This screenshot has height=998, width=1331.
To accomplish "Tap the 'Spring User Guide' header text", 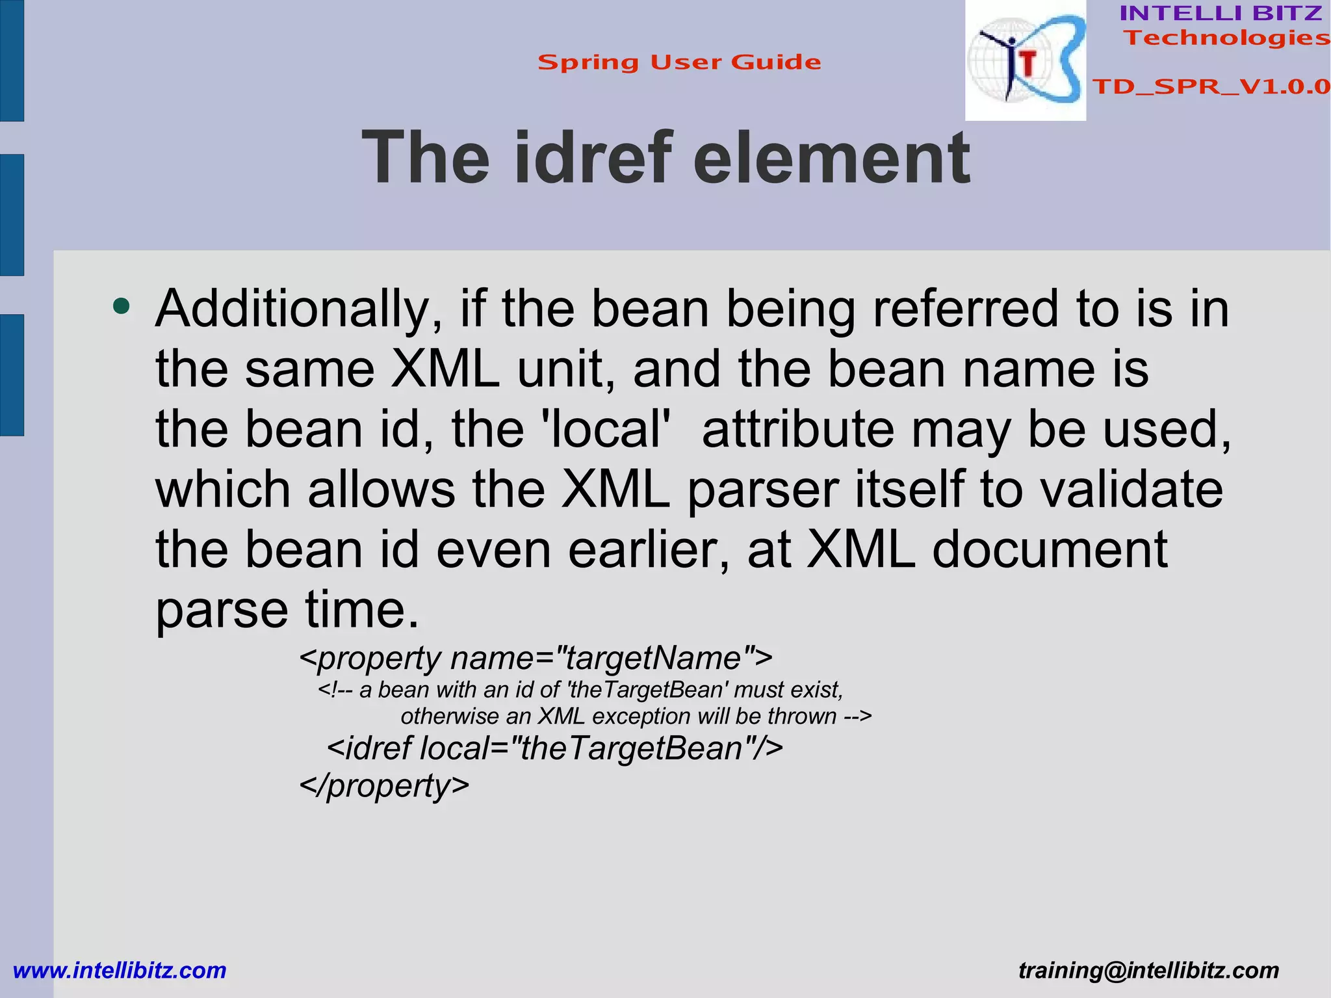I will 679,62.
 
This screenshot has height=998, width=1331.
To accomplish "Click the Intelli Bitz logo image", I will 1025,60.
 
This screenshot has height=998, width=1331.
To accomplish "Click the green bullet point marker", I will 121,306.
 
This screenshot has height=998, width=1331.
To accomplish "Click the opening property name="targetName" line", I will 536,658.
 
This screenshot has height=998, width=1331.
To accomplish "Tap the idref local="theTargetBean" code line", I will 554,748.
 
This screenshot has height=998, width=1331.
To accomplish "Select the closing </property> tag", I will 383,785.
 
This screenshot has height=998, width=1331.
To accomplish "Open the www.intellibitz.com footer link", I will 120,971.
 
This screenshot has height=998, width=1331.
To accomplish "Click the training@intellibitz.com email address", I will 1148,971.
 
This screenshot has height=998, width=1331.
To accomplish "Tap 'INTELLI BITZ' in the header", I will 1221,13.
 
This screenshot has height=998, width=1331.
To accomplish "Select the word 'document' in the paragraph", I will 1050,550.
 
